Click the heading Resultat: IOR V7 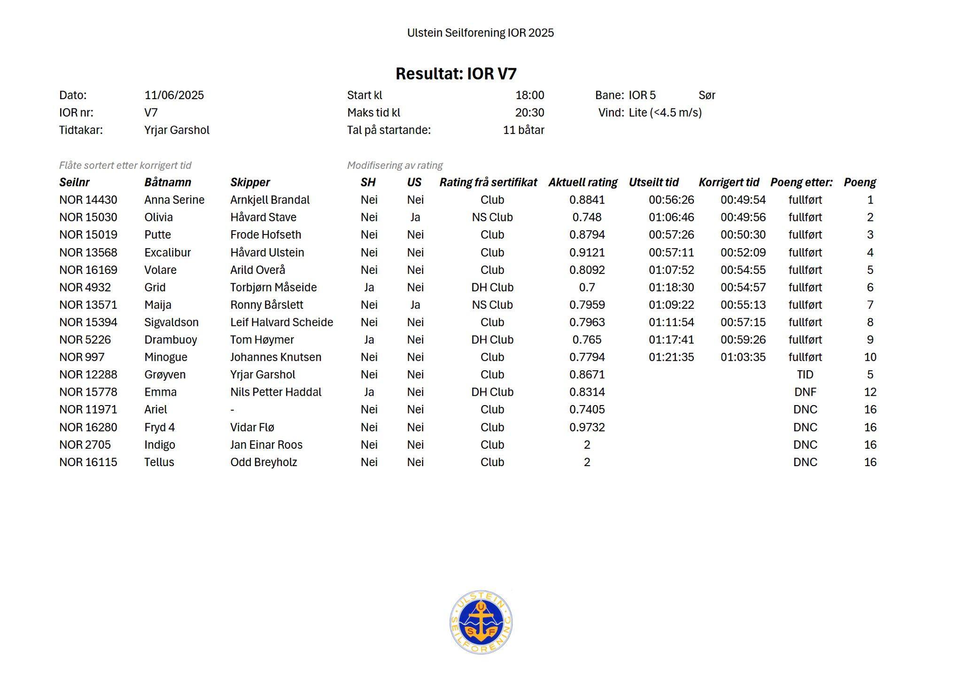[456, 74]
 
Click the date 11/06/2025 [174, 95]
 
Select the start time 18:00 [529, 95]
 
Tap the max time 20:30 [529, 113]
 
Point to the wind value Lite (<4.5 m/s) [665, 113]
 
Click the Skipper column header [250, 182]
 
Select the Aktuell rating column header [582, 182]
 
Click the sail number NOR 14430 [88, 200]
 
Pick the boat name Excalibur [167, 253]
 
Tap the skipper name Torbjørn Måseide [273, 288]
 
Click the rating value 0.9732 [587, 428]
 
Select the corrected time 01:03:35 [743, 358]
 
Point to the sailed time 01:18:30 [671, 288]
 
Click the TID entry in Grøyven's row [805, 375]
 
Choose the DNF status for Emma [805, 392]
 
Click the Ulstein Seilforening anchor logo [481, 622]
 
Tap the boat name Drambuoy [171, 340]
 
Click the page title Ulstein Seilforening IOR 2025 [480, 33]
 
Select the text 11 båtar [523, 130]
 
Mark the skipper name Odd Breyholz [264, 462]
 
